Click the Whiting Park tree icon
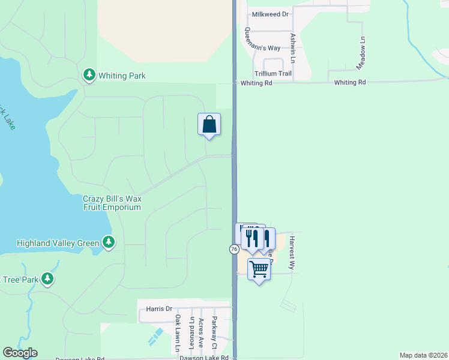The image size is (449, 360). (x=89, y=74)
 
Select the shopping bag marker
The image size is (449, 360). (x=209, y=125)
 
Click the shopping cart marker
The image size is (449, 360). (x=259, y=269)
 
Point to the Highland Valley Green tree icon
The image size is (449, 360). (x=109, y=242)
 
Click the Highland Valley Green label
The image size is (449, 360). (x=58, y=243)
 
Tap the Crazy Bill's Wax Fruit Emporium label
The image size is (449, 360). (x=112, y=203)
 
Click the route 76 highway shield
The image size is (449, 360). (x=233, y=248)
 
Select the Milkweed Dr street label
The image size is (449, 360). (x=270, y=14)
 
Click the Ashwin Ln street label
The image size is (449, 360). (x=293, y=48)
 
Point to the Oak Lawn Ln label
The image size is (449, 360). (x=178, y=333)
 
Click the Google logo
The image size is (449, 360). (x=20, y=353)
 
